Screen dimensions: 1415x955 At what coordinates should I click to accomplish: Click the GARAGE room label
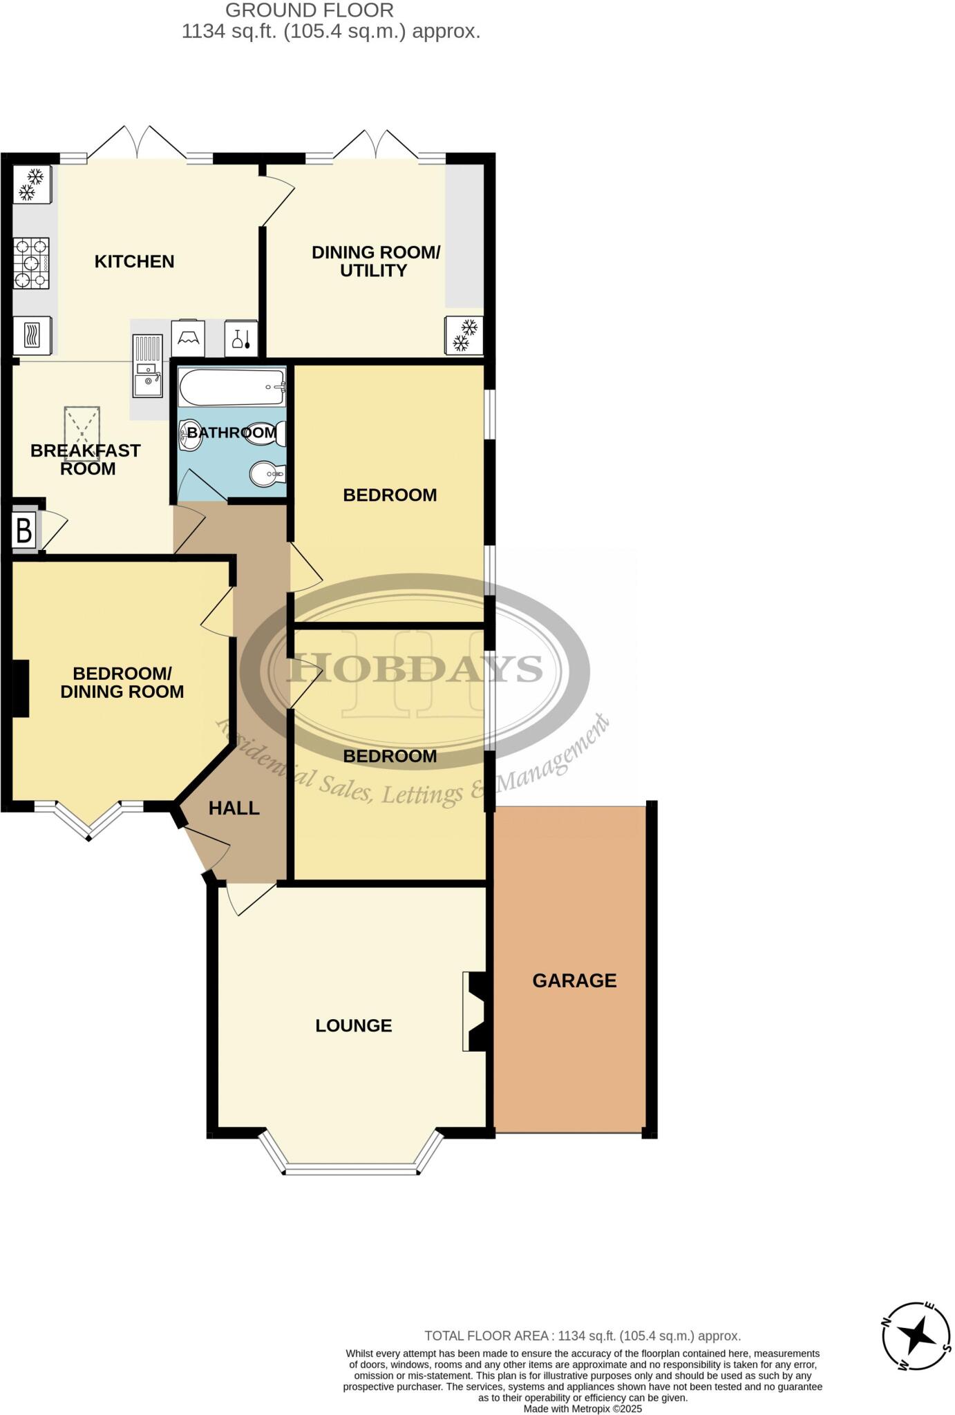pyautogui.click(x=574, y=980)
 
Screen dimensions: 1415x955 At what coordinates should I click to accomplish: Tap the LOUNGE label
pyautogui.click(x=353, y=1025)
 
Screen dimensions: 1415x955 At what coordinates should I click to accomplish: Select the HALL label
pyautogui.click(x=234, y=808)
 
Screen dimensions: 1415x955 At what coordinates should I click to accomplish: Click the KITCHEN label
pyautogui.click(x=134, y=261)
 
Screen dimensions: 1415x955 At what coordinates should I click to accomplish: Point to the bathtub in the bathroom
pyautogui.click(x=231, y=387)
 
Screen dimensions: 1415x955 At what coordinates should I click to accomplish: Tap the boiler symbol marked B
pyautogui.click(x=23, y=531)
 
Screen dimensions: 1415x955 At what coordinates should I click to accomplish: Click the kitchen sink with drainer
pyautogui.click(x=147, y=366)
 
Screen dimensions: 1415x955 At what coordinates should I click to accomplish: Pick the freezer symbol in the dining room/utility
pyautogui.click(x=464, y=334)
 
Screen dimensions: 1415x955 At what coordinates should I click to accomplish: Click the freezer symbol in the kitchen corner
pyautogui.click(x=31, y=184)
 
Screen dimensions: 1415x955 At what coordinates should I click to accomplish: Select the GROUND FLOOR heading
pyautogui.click(x=309, y=10)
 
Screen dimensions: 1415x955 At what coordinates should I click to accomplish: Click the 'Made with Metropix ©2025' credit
pyautogui.click(x=583, y=1408)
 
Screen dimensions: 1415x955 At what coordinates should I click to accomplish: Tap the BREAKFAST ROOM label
pyautogui.click(x=86, y=459)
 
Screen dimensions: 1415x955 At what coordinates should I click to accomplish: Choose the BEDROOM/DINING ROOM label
pyautogui.click(x=122, y=682)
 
